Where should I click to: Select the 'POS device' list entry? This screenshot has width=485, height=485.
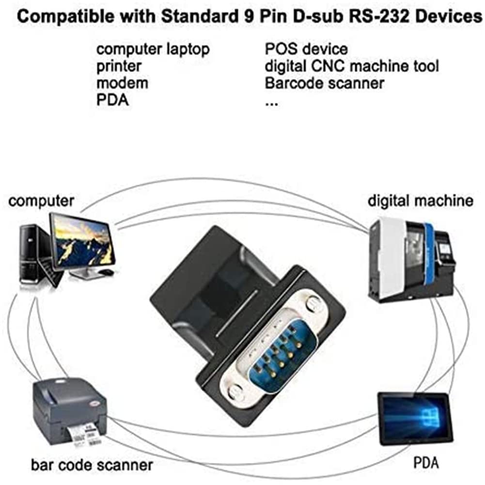pyautogui.click(x=306, y=49)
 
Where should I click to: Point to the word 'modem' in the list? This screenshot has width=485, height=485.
pyautogui.click(x=123, y=83)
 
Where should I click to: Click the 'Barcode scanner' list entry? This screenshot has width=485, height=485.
pyautogui.click(x=325, y=83)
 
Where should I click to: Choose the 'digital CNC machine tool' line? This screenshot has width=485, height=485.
pyautogui.click(x=352, y=67)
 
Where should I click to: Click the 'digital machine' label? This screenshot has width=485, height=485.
pyautogui.click(x=421, y=201)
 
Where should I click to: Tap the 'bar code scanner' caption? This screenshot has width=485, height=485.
pyautogui.click(x=92, y=465)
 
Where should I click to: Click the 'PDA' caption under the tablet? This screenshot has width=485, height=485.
pyautogui.click(x=426, y=463)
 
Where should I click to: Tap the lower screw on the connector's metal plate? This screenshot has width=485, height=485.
pyautogui.click(x=235, y=392)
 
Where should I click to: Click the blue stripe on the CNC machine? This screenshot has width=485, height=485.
pyautogui.click(x=432, y=257)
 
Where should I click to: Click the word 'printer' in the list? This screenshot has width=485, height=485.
pyautogui.click(x=119, y=67)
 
